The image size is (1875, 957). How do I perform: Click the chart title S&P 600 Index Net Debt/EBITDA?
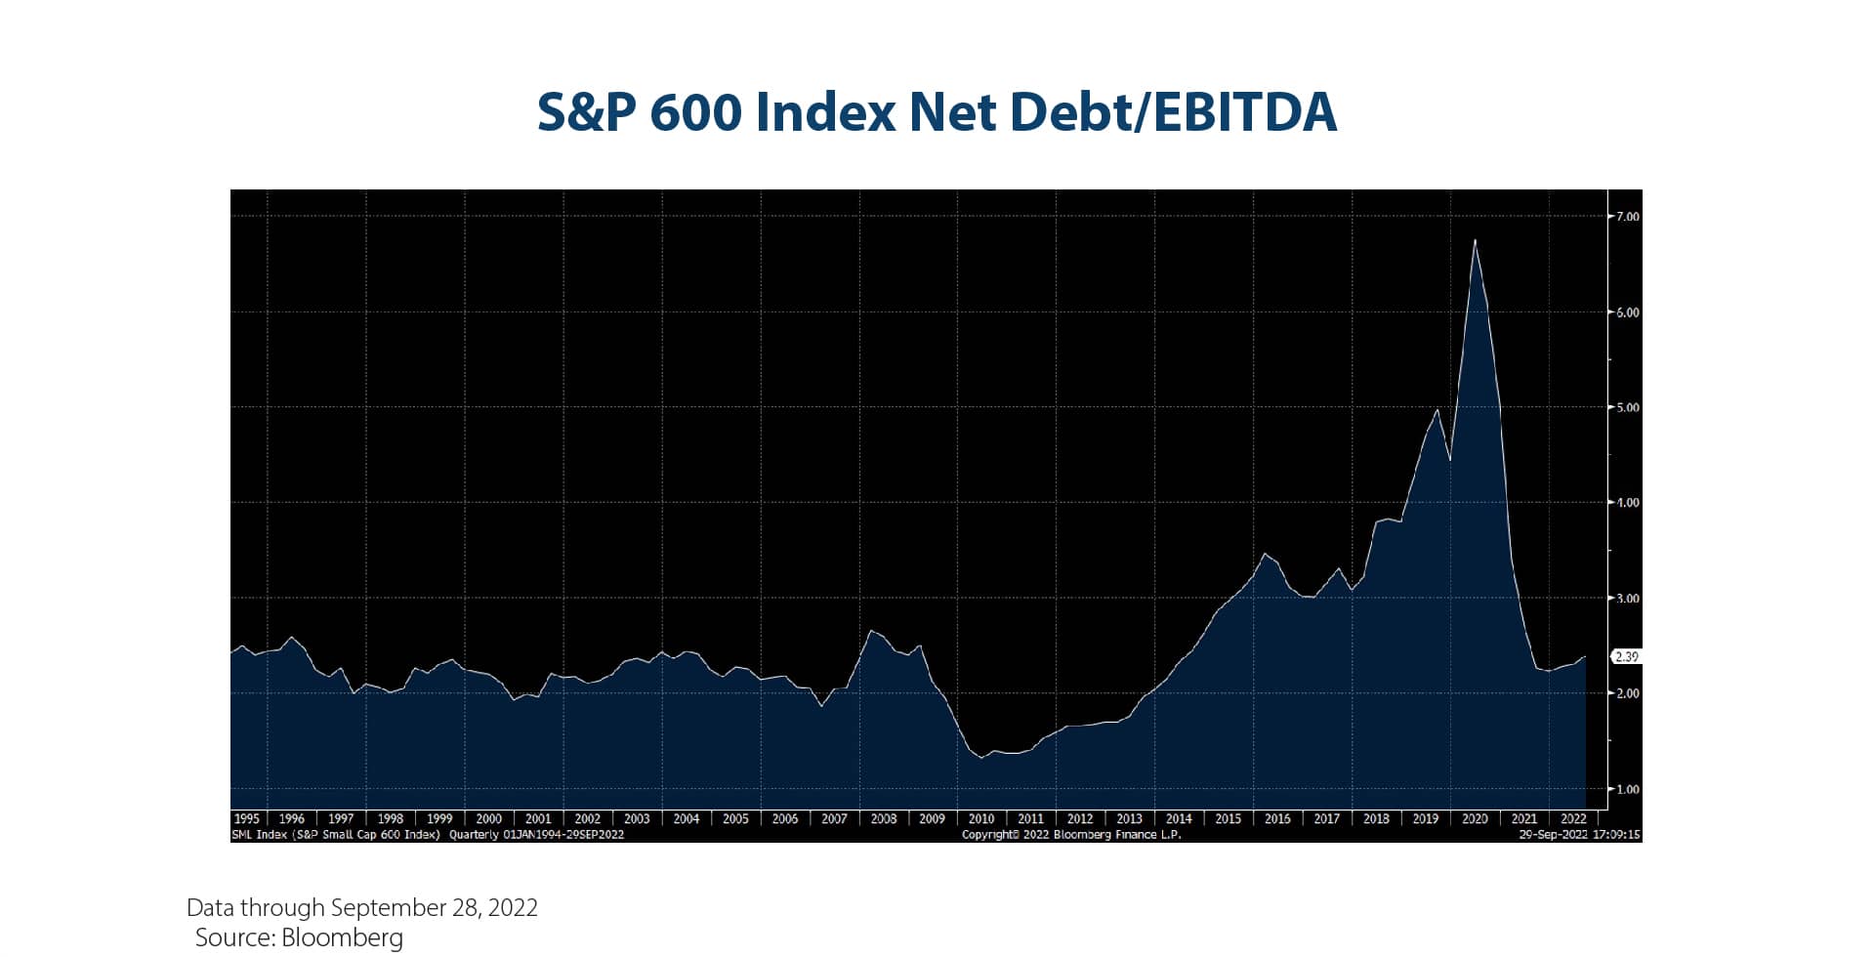937,112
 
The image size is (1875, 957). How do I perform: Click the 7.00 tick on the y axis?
1627,217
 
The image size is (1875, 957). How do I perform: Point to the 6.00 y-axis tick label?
1627,312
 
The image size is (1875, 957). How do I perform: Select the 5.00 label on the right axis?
1627,407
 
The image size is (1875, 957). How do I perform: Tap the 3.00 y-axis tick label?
1627,599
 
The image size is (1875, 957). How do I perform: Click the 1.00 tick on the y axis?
1627,789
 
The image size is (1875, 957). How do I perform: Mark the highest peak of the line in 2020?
1475,240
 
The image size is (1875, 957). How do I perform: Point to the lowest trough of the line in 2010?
981,758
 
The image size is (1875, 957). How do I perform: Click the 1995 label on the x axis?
246,819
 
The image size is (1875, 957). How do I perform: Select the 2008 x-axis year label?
884,819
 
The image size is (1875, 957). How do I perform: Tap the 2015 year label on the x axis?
1228,819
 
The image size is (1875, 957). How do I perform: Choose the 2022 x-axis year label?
1572,819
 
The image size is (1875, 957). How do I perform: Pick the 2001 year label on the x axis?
538,819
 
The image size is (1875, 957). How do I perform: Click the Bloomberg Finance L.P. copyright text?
1071,835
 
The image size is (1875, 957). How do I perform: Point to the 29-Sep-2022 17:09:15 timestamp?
1579,835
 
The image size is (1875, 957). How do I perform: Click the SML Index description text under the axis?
428,835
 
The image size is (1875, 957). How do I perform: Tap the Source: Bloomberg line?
299,938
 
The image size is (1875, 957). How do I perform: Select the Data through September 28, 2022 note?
362,908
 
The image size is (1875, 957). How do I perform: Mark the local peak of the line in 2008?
871,631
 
